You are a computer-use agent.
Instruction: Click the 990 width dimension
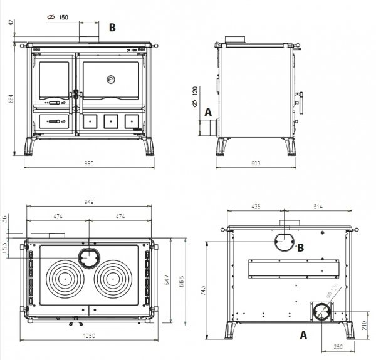[88, 163]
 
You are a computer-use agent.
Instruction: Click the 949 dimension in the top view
[88, 203]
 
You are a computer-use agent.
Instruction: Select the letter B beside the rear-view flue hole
[301, 247]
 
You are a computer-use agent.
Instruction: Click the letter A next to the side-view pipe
[208, 113]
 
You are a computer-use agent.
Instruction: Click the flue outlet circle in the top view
[88, 256]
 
